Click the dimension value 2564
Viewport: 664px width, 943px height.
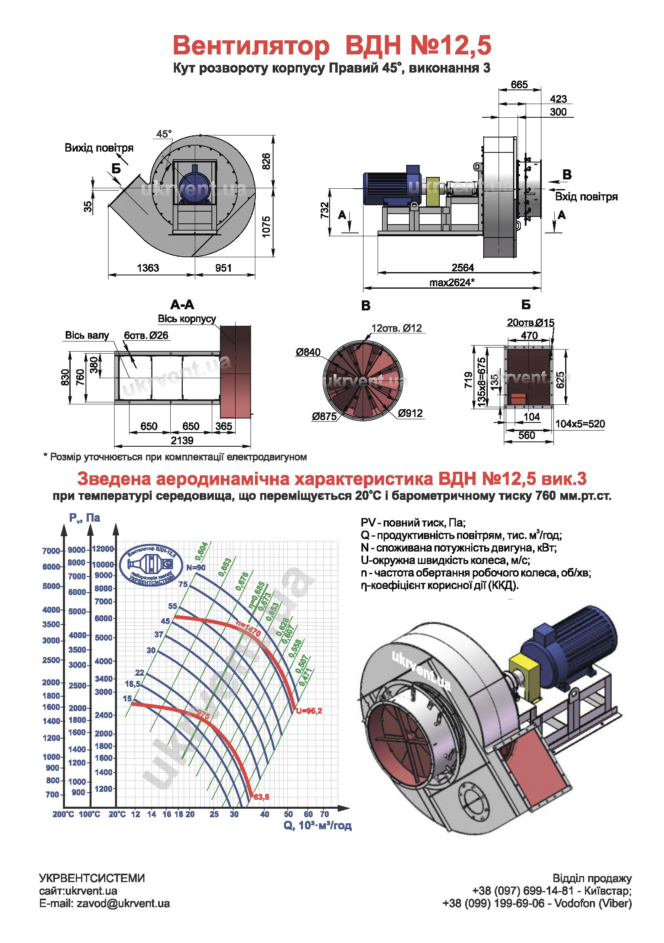(462, 268)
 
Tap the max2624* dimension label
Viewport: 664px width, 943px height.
(452, 283)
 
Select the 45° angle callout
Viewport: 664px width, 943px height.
(163, 134)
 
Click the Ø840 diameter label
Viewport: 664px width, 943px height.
(308, 352)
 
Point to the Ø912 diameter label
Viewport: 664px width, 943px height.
(410, 413)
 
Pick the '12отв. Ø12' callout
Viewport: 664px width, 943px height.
(397, 328)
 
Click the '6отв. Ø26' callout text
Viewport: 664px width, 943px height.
(146, 335)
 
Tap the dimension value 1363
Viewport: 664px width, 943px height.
(148, 268)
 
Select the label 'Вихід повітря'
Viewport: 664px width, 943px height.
(98, 148)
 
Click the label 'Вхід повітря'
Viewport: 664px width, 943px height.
(586, 197)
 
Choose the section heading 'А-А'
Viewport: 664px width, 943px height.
(182, 305)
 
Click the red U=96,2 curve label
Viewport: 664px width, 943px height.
(309, 711)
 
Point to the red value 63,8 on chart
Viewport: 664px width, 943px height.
(261, 797)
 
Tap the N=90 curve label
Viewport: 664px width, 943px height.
(196, 568)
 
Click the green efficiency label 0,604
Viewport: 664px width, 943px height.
(201, 551)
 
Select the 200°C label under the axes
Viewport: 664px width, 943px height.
(63, 814)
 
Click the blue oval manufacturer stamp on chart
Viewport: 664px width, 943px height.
(151, 566)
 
